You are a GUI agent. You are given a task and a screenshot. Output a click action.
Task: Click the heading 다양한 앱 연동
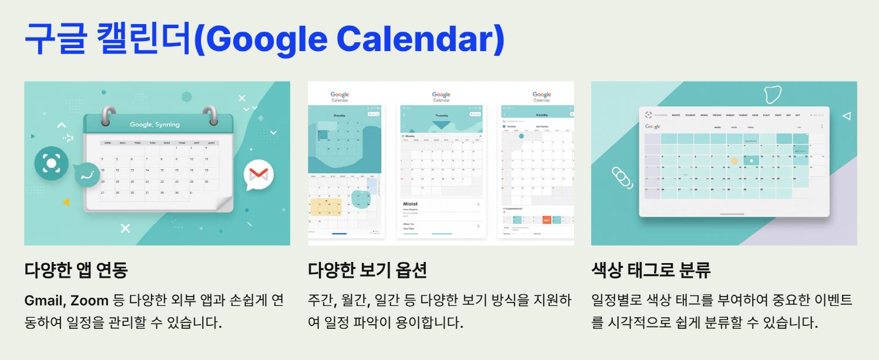[x=76, y=270]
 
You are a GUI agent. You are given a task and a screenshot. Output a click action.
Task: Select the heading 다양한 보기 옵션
[x=367, y=270]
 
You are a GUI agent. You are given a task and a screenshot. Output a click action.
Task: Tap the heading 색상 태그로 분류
[x=651, y=270]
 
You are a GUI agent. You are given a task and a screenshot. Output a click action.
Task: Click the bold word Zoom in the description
[x=89, y=301]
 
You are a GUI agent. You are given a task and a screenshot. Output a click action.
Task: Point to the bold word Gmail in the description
[x=45, y=301]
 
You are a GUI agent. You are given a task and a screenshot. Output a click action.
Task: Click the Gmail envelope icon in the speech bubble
[x=259, y=174]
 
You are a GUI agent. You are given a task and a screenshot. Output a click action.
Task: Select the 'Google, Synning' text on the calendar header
[x=155, y=125]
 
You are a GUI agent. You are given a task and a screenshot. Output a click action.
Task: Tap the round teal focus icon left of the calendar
[x=51, y=163]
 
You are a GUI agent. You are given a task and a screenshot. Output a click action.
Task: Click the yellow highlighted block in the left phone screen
[x=326, y=207]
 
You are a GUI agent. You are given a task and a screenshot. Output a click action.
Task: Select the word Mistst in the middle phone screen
[x=411, y=204]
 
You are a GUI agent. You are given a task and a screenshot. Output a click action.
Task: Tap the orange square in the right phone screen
[x=546, y=220]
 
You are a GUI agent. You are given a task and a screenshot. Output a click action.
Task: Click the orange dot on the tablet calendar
[x=734, y=160]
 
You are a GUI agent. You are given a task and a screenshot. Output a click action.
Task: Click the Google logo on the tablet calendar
[x=652, y=126]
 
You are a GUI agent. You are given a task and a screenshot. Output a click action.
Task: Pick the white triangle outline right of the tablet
[x=846, y=116]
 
